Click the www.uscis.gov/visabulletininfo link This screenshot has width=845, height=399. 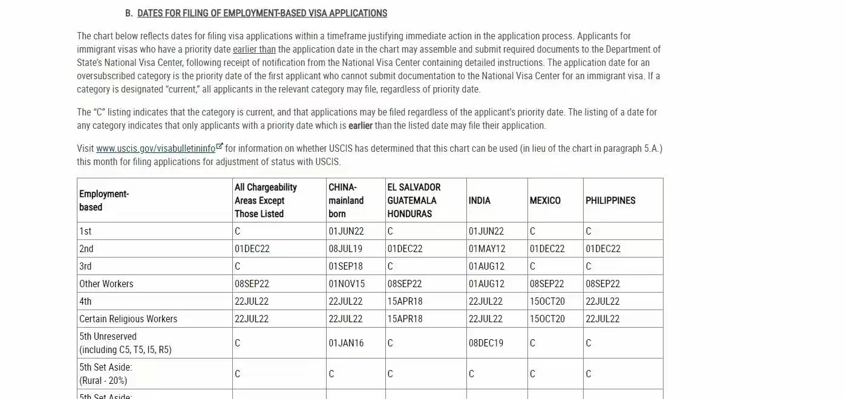point(155,149)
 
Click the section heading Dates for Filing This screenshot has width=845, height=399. point(262,13)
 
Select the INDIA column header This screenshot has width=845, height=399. point(479,201)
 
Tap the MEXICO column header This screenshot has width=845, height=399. point(545,201)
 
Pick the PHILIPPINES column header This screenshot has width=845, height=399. point(610,201)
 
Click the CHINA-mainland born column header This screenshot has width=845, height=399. point(346,201)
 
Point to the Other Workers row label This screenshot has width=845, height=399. point(106,284)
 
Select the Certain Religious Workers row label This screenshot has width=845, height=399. point(128,319)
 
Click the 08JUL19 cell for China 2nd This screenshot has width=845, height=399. point(345,248)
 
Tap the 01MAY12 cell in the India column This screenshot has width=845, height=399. point(486,248)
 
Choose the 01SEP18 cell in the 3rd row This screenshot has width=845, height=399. point(345,266)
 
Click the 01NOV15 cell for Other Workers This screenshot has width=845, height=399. point(347,284)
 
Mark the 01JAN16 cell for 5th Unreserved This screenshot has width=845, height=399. point(346,343)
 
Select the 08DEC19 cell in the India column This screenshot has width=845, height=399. point(486,343)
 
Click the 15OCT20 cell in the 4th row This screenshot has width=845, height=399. point(547,301)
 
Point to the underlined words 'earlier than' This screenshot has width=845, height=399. point(254,50)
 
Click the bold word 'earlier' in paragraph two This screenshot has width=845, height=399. point(361,126)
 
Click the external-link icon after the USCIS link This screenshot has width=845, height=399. point(220,147)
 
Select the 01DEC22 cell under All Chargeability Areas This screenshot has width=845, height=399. point(252,248)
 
